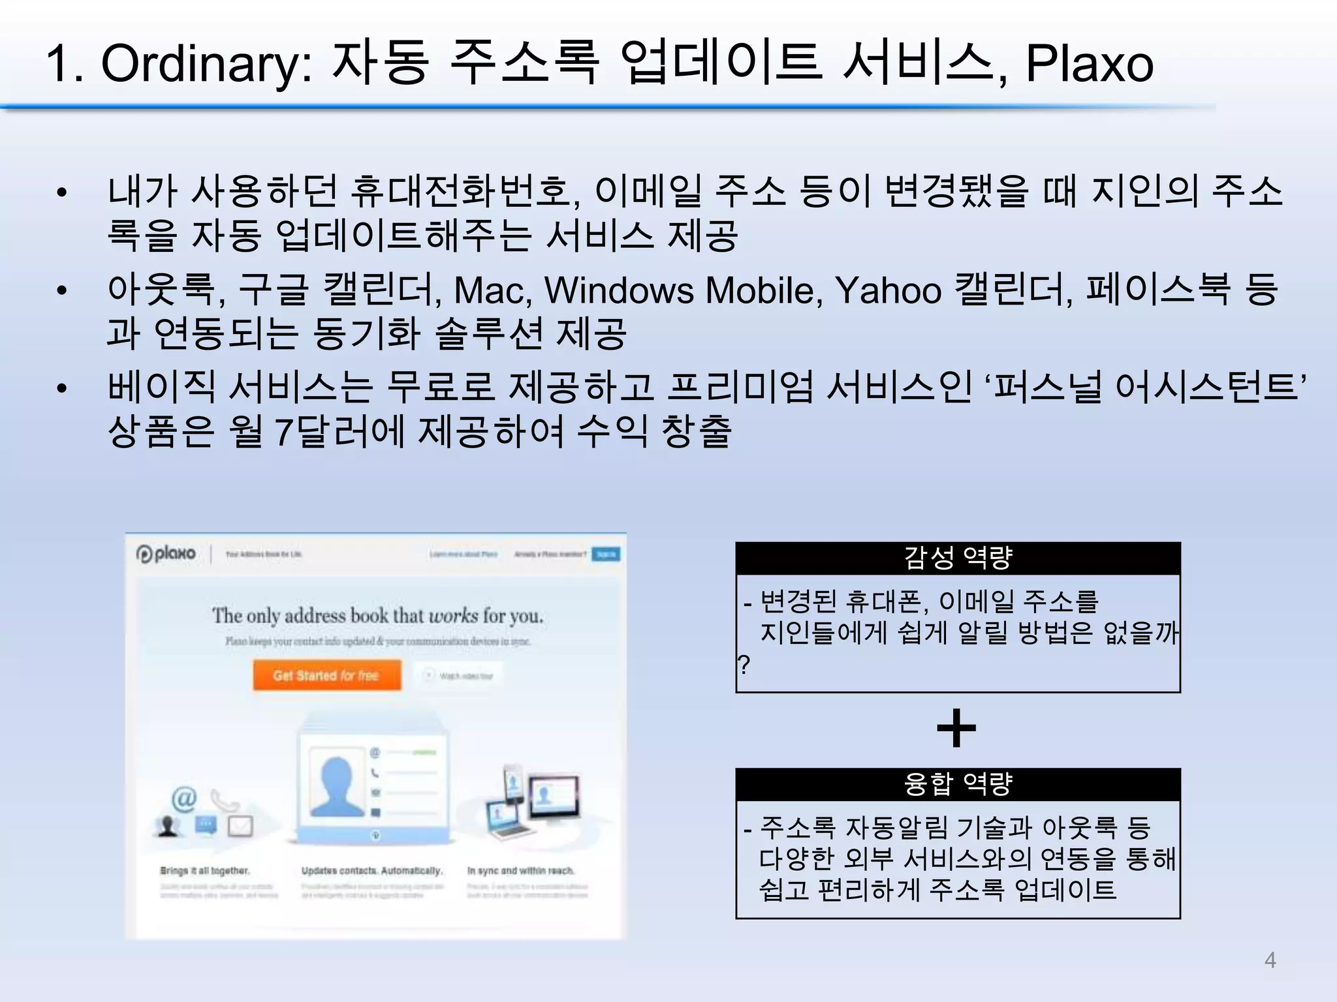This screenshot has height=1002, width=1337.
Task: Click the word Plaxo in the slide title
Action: [x=1089, y=64]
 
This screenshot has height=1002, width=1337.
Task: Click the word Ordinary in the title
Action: [x=206, y=64]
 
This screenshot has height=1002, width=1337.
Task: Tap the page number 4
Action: [x=1270, y=960]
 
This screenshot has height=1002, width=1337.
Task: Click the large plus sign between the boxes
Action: [x=956, y=728]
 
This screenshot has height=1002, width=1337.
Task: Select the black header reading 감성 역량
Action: [x=958, y=558]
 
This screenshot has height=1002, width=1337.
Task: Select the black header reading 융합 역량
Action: [x=958, y=784]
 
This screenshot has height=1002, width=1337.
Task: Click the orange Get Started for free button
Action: [x=326, y=675]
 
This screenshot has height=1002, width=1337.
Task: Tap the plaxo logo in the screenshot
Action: [x=166, y=554]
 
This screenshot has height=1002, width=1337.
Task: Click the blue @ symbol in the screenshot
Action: [x=184, y=798]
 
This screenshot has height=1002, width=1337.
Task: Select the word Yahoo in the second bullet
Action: [x=888, y=290]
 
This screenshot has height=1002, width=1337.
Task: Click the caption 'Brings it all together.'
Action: [x=205, y=870]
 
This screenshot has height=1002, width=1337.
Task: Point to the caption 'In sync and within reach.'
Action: [x=520, y=870]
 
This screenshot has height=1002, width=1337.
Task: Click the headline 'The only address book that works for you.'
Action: [x=377, y=615]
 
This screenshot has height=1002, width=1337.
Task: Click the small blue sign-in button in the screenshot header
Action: [x=606, y=554]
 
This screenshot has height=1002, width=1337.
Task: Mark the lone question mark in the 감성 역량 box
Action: [x=744, y=665]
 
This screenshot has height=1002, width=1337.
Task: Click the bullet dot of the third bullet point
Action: [x=62, y=387]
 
